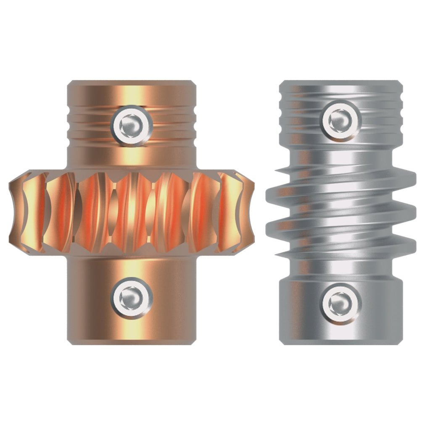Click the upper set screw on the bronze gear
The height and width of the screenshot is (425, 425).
(132, 125)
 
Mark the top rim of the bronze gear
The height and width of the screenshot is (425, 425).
(132, 82)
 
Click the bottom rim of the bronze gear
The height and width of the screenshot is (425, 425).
(132, 342)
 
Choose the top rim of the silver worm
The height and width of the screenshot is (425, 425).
(341, 82)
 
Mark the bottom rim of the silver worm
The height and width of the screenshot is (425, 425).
(341, 342)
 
